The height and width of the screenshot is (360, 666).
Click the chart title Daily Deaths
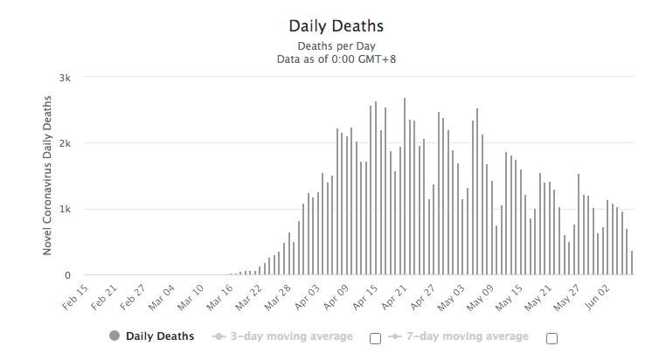[336, 26]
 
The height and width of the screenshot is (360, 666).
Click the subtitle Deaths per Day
[336, 45]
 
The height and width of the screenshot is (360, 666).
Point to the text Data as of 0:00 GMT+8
[336, 59]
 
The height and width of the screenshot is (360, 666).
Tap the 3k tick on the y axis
[65, 78]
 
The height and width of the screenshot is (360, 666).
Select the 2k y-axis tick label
[65, 143]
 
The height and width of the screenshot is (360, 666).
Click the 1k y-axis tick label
[65, 210]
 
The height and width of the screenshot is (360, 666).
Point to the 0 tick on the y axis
[67, 275]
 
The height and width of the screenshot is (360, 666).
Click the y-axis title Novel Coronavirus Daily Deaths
[47, 176]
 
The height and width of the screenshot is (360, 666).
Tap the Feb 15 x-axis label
[75, 297]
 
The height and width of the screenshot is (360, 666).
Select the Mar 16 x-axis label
[220, 297]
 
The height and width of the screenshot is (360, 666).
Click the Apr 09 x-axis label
[336, 297]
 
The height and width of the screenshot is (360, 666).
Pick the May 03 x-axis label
[452, 297]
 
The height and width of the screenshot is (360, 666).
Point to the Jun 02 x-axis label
[597, 297]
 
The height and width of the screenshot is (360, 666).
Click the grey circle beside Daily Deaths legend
[114, 336]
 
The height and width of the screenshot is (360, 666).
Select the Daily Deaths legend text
[160, 336]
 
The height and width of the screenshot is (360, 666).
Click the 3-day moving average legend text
[291, 336]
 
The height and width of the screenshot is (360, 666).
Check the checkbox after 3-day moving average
[376, 338]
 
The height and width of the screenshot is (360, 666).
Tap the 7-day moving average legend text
[468, 336]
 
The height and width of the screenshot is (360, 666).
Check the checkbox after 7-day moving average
[552, 338]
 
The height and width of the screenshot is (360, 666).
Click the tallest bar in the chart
[405, 186]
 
